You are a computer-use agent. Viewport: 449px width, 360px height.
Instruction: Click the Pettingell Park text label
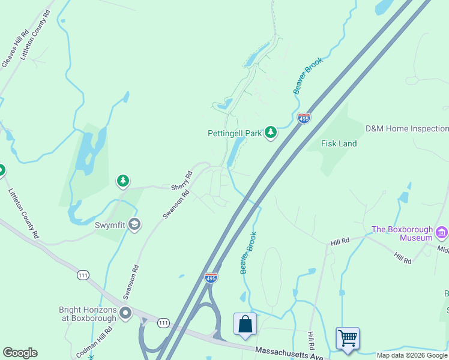[235, 133]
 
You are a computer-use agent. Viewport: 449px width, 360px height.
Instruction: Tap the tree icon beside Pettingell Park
[271, 132]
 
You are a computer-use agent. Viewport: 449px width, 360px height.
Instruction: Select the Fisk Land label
[339, 143]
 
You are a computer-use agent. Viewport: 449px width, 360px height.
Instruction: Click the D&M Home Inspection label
[407, 128]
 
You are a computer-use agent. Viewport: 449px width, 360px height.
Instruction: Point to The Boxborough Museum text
[402, 233]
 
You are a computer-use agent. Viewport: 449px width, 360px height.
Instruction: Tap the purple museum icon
[442, 232]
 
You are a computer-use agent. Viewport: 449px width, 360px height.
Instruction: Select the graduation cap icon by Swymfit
[134, 224]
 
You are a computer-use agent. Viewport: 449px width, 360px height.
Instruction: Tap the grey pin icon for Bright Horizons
[125, 313]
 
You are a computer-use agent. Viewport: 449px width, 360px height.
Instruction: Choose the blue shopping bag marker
[245, 325]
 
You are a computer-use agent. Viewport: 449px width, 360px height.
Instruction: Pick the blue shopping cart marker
[348, 338]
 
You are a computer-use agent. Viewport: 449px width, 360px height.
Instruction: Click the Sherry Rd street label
[181, 181]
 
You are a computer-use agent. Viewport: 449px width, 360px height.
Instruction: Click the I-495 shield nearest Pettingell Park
[304, 118]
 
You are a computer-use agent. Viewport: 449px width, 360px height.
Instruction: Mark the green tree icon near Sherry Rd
[123, 181]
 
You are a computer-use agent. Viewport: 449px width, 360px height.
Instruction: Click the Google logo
[20, 353]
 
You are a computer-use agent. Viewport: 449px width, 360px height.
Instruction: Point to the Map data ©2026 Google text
[412, 355]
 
